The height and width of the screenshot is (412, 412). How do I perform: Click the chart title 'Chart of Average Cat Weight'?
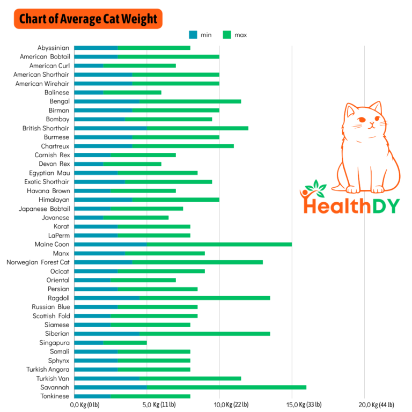click(x=89, y=19)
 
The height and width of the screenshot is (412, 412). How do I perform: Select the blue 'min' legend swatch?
click(x=193, y=35)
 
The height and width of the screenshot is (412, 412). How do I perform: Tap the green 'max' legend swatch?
click(x=227, y=35)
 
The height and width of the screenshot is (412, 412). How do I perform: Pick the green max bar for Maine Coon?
click(x=219, y=244)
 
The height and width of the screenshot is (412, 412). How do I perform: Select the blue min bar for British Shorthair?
click(x=111, y=128)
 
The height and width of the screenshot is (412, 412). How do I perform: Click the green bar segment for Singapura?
click(x=124, y=342)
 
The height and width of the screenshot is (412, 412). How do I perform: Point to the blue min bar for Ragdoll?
click(x=106, y=298)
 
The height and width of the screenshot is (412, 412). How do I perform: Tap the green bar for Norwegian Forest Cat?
click(x=197, y=262)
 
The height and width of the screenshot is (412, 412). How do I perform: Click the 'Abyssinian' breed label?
click(x=53, y=48)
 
